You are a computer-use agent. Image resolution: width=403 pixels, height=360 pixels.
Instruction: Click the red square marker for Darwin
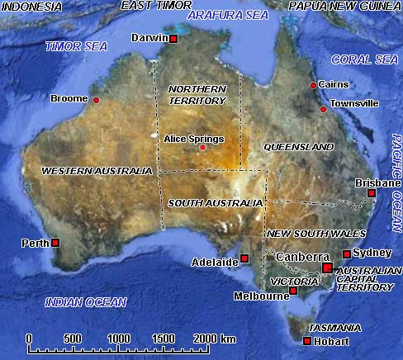[x=174, y=39]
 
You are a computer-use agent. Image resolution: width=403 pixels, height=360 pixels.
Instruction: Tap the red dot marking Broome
[x=96, y=100]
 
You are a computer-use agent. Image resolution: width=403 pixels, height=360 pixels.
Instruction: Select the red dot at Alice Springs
[x=202, y=148]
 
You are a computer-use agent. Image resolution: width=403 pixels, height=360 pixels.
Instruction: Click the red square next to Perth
[x=55, y=243]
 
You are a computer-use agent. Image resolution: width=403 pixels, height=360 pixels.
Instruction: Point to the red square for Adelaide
[x=244, y=258]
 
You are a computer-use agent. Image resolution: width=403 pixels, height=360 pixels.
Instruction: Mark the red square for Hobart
[x=307, y=341]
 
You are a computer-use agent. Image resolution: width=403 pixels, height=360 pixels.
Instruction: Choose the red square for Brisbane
[x=372, y=193]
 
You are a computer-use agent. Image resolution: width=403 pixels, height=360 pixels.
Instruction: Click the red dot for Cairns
[x=313, y=85]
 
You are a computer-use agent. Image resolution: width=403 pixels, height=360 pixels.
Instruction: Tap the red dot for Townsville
[x=324, y=108]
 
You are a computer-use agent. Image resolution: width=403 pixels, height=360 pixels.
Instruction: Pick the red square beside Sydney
[x=346, y=254]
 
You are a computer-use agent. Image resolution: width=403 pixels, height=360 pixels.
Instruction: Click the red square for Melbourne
[x=293, y=291]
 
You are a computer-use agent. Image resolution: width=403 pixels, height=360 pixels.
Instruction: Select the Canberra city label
[x=303, y=257]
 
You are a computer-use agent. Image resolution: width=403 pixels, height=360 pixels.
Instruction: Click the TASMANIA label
[x=332, y=328]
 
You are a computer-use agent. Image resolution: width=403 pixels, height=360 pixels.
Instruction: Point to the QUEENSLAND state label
[x=298, y=147]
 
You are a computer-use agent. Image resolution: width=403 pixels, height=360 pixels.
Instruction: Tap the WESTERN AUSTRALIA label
[x=97, y=171]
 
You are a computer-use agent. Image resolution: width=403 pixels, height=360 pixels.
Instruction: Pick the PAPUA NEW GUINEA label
[x=344, y=6]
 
